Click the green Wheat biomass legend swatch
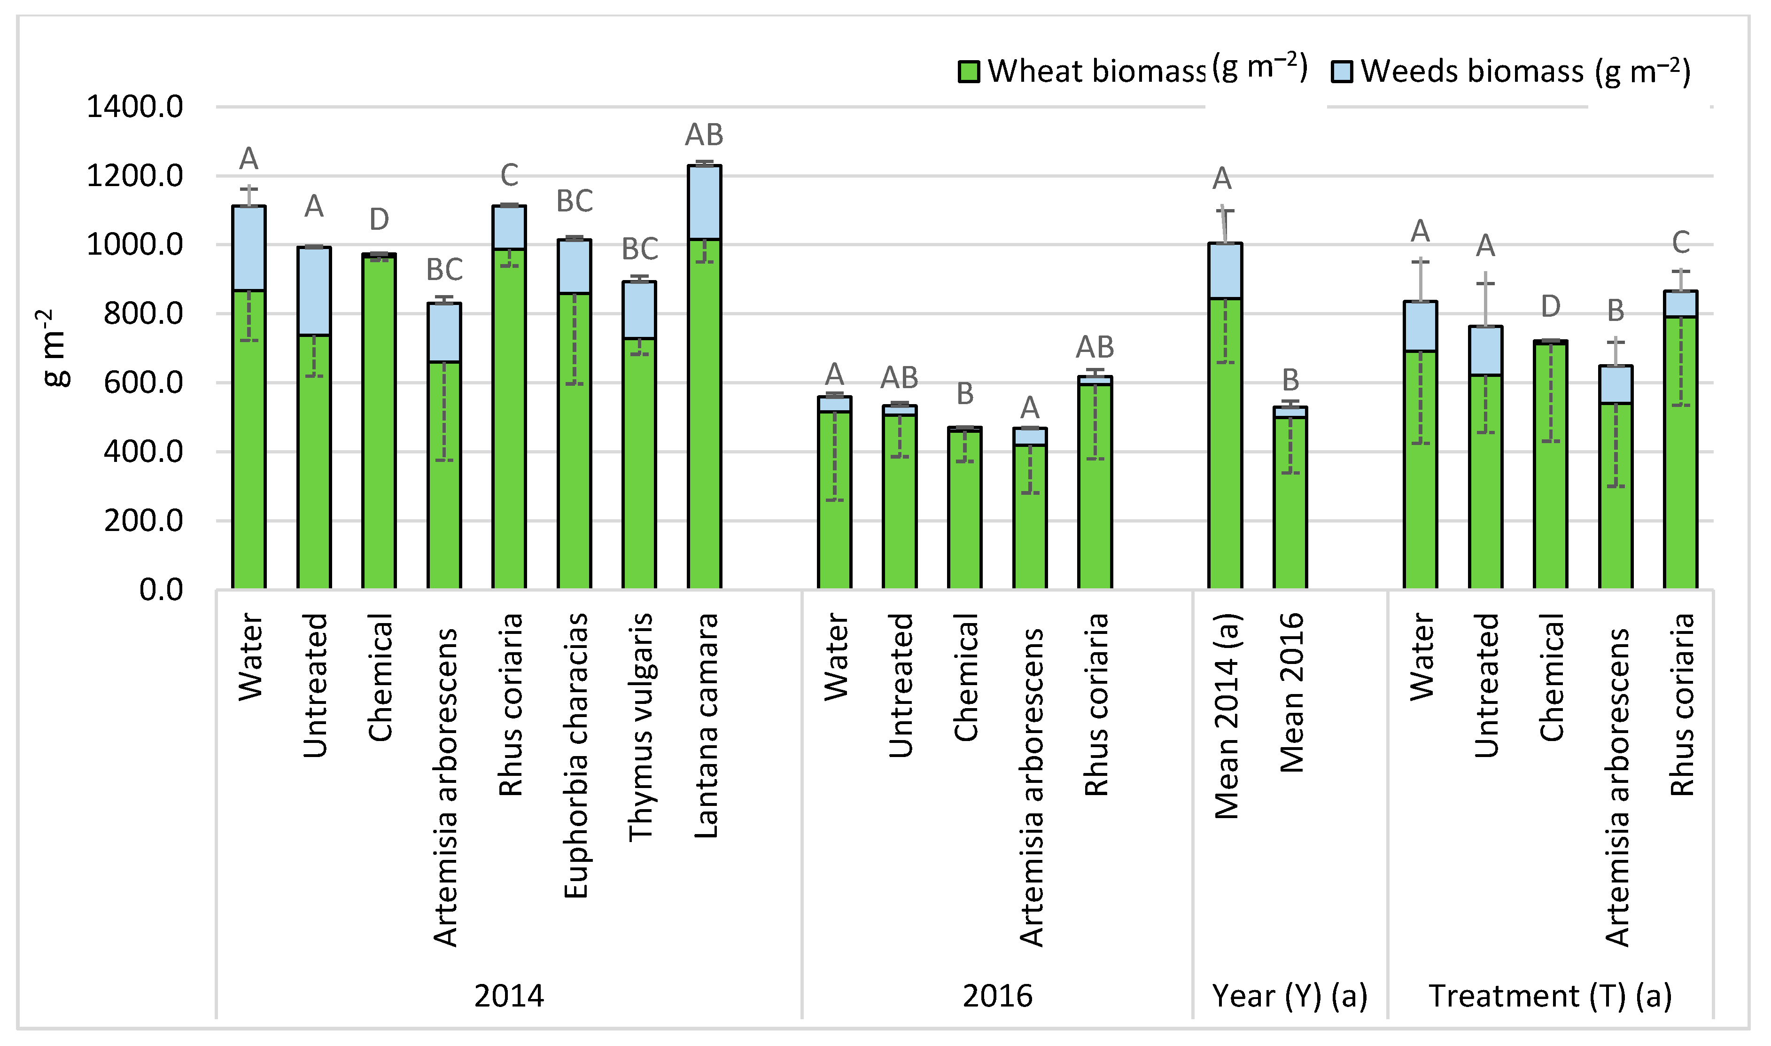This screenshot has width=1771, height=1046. (x=969, y=72)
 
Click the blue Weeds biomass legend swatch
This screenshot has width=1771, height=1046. (x=1341, y=72)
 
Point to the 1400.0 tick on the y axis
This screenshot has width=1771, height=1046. (x=134, y=107)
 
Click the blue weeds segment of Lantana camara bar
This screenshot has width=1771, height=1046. (x=704, y=202)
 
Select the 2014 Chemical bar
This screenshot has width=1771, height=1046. (x=379, y=423)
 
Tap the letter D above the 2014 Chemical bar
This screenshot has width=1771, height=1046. (x=379, y=220)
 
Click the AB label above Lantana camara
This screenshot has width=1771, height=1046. (x=704, y=134)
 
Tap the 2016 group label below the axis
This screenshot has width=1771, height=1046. (x=997, y=996)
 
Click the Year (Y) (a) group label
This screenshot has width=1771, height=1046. (x=1289, y=996)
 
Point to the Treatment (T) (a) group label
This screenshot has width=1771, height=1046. (x=1550, y=996)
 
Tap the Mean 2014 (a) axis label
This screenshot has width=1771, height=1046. (x=1226, y=715)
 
